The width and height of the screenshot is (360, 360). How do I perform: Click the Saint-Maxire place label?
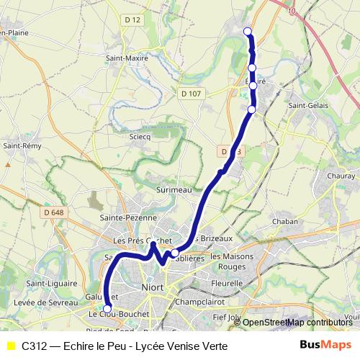click(127, 58)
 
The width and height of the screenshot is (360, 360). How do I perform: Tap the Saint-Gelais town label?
click(308, 106)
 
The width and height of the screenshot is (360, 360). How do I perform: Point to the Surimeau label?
click(173, 189)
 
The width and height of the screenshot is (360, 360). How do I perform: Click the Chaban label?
click(285, 222)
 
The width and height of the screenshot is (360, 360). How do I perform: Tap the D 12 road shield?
click(132, 20)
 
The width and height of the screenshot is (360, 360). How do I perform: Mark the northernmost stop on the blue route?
click(248, 31)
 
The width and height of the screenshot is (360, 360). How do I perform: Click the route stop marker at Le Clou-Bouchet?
click(107, 310)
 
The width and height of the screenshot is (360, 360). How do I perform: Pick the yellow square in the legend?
click(10, 346)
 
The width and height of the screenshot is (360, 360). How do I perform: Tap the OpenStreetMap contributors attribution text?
click(296, 323)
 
